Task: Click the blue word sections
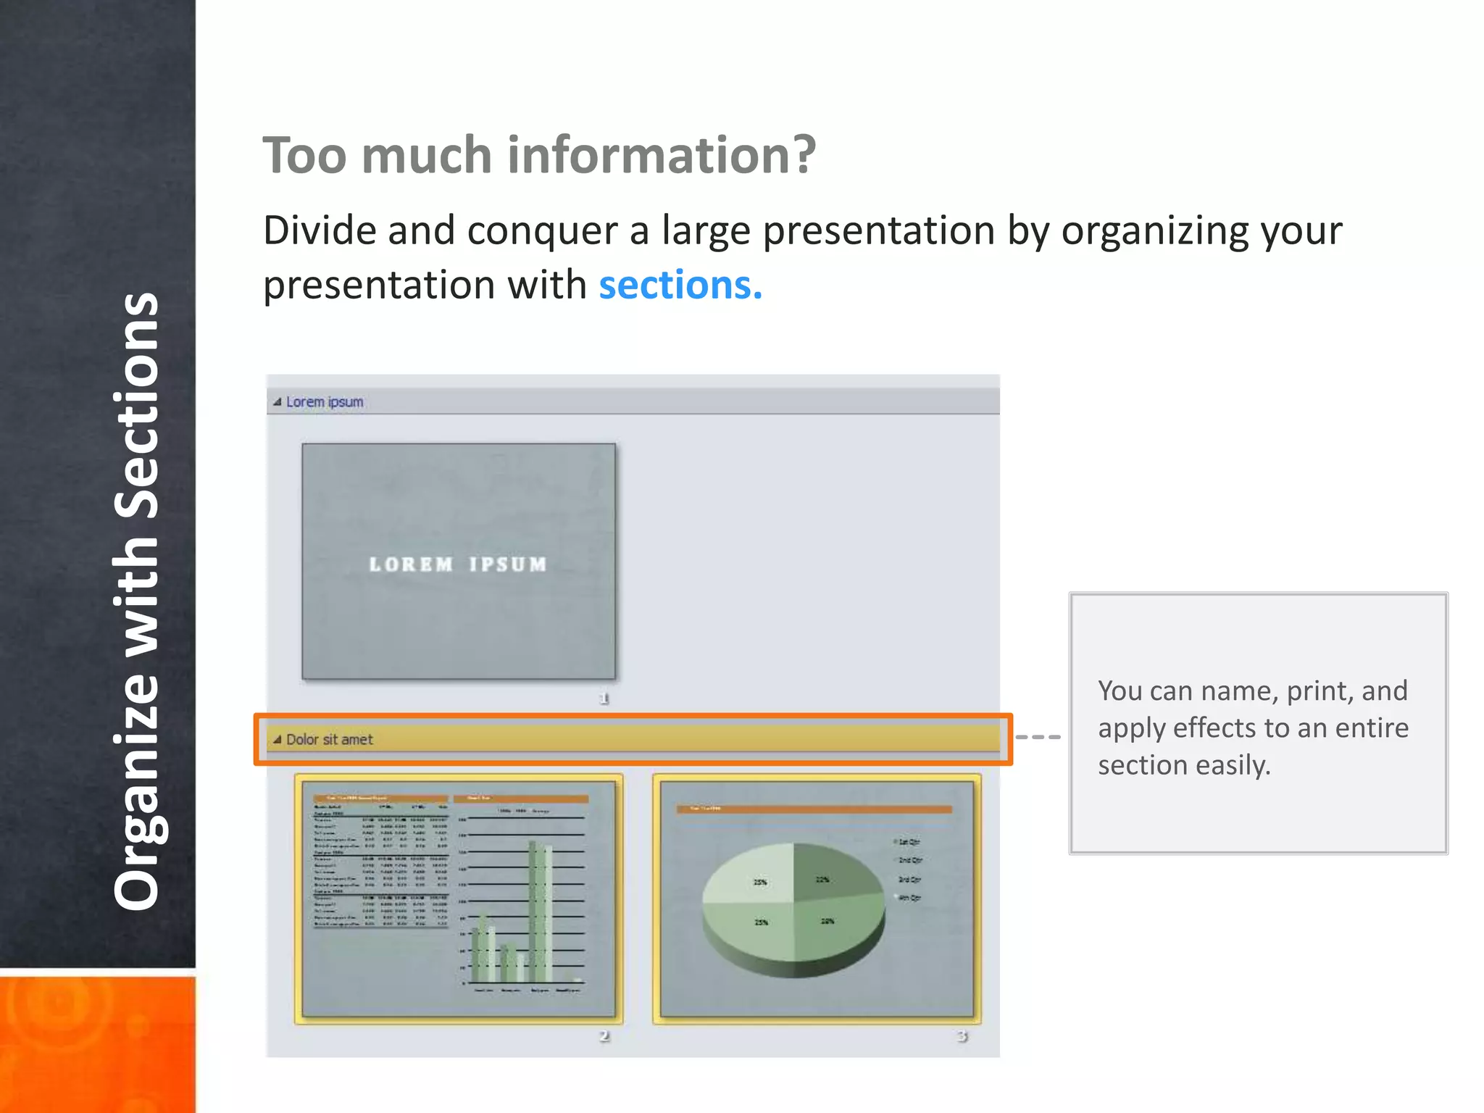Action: tap(680, 285)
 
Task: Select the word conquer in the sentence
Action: tap(542, 232)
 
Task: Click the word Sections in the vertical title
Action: tap(136, 406)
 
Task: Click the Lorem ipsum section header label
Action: tap(325, 402)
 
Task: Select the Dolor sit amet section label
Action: tap(329, 740)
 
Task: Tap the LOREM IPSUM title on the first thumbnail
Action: tap(458, 564)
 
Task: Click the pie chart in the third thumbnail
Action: tap(793, 906)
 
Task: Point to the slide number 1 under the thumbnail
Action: tap(604, 699)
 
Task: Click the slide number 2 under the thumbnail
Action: tap(604, 1036)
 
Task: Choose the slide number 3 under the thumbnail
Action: tap(962, 1036)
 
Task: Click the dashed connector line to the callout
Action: tap(1038, 737)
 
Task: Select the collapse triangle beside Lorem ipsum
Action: tap(277, 402)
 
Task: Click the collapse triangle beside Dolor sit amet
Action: tap(277, 740)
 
